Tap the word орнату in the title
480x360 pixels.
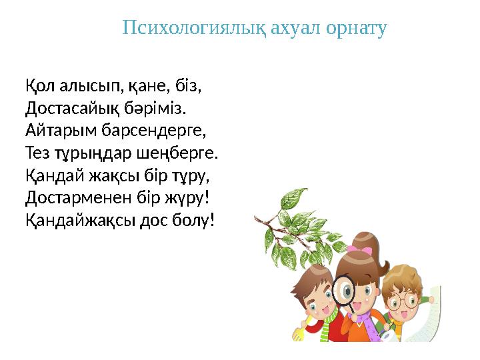point(354,29)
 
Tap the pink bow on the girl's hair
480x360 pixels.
point(363,250)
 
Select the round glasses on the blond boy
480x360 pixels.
point(403,300)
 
